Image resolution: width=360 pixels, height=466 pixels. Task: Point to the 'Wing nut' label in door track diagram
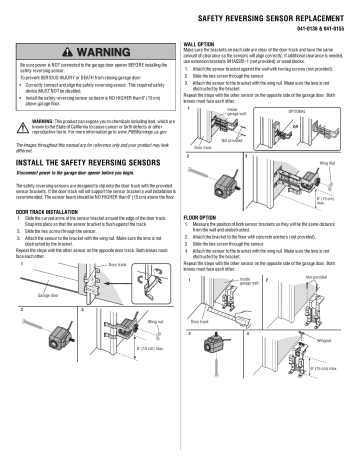click(x=141, y=351)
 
